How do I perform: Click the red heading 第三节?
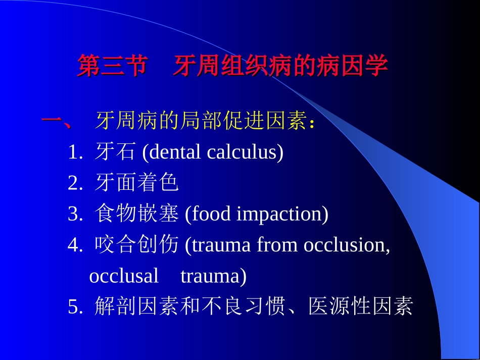tap(112, 66)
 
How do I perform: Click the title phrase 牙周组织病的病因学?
tap(280, 66)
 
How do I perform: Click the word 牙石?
tap(115, 152)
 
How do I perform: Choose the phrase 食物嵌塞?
tap(136, 215)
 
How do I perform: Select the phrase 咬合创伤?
tap(136, 245)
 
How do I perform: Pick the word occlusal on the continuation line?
tap(124, 276)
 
